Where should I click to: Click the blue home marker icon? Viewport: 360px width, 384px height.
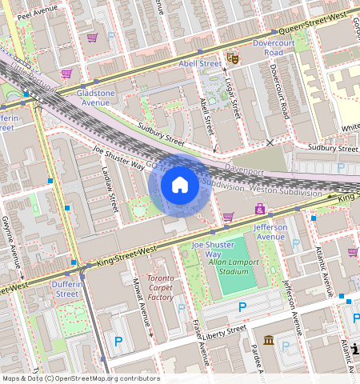click(x=180, y=186)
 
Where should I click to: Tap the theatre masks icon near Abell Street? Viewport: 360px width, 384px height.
click(x=232, y=58)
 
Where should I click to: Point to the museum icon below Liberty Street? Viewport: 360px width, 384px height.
click(x=268, y=340)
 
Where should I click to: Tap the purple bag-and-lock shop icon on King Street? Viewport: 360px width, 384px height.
click(x=259, y=209)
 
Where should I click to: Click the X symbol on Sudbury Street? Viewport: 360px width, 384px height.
click(x=270, y=142)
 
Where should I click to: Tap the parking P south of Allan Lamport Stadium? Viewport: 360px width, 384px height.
click(x=242, y=306)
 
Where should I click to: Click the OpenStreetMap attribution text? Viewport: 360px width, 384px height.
click(x=80, y=378)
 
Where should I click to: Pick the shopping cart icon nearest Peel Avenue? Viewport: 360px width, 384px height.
click(x=93, y=38)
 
